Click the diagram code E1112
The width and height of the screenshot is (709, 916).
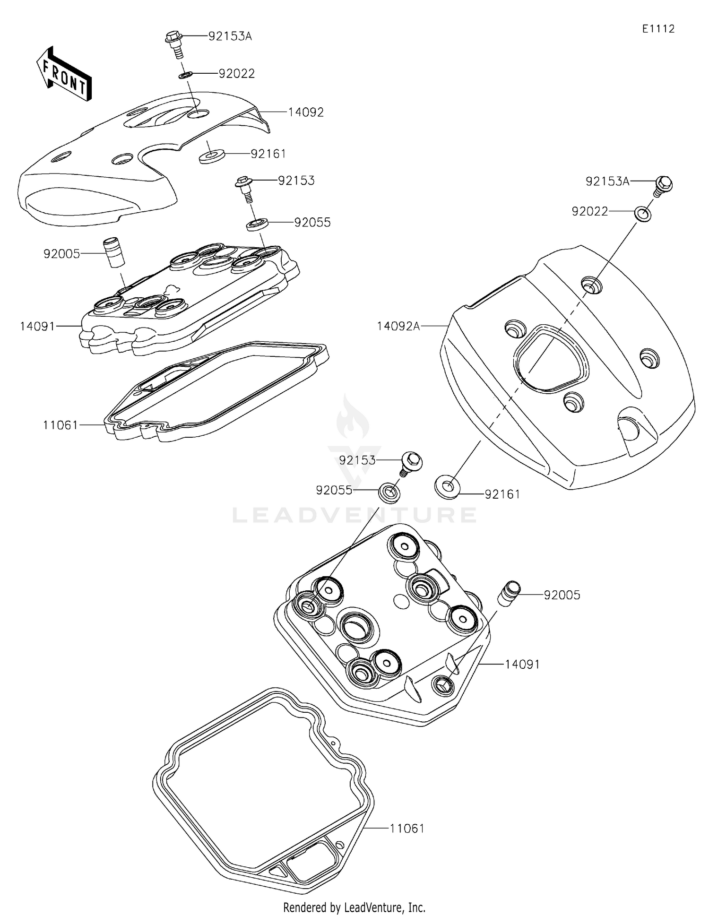click(658, 29)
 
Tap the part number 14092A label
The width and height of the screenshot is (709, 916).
click(398, 326)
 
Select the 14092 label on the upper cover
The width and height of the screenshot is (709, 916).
click(306, 112)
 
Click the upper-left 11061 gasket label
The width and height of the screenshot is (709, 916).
click(61, 425)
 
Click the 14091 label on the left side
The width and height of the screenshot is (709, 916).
click(37, 326)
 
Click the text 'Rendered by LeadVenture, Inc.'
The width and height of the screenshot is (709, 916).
click(354, 907)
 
